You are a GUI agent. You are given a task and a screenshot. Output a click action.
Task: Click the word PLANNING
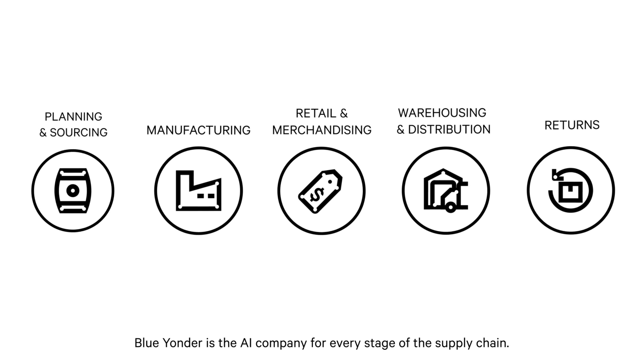click(x=73, y=117)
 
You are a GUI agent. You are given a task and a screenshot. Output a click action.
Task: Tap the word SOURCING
click(x=79, y=133)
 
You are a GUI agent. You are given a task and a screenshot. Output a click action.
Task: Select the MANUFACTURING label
click(x=198, y=130)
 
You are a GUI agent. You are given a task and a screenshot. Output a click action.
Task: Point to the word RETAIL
click(x=316, y=113)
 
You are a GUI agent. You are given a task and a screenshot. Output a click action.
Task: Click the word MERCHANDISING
click(x=322, y=130)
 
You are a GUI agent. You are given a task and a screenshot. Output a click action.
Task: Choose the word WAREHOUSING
click(x=442, y=113)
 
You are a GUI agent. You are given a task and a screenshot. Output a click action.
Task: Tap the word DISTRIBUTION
click(x=449, y=129)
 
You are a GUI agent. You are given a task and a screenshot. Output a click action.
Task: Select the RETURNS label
click(x=572, y=125)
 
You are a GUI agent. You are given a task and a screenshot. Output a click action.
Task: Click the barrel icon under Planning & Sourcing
click(x=73, y=191)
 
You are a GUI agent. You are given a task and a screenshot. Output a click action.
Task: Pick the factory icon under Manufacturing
click(x=198, y=191)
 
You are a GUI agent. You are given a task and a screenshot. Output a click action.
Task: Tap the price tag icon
click(x=321, y=191)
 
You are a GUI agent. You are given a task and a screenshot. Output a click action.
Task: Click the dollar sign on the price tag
click(x=317, y=195)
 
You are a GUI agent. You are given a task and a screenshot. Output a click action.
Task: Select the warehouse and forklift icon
click(x=446, y=191)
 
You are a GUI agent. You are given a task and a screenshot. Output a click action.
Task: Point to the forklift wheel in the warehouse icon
click(x=451, y=207)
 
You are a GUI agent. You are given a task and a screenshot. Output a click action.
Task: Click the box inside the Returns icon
click(x=571, y=192)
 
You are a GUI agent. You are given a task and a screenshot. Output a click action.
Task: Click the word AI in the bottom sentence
click(x=246, y=343)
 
